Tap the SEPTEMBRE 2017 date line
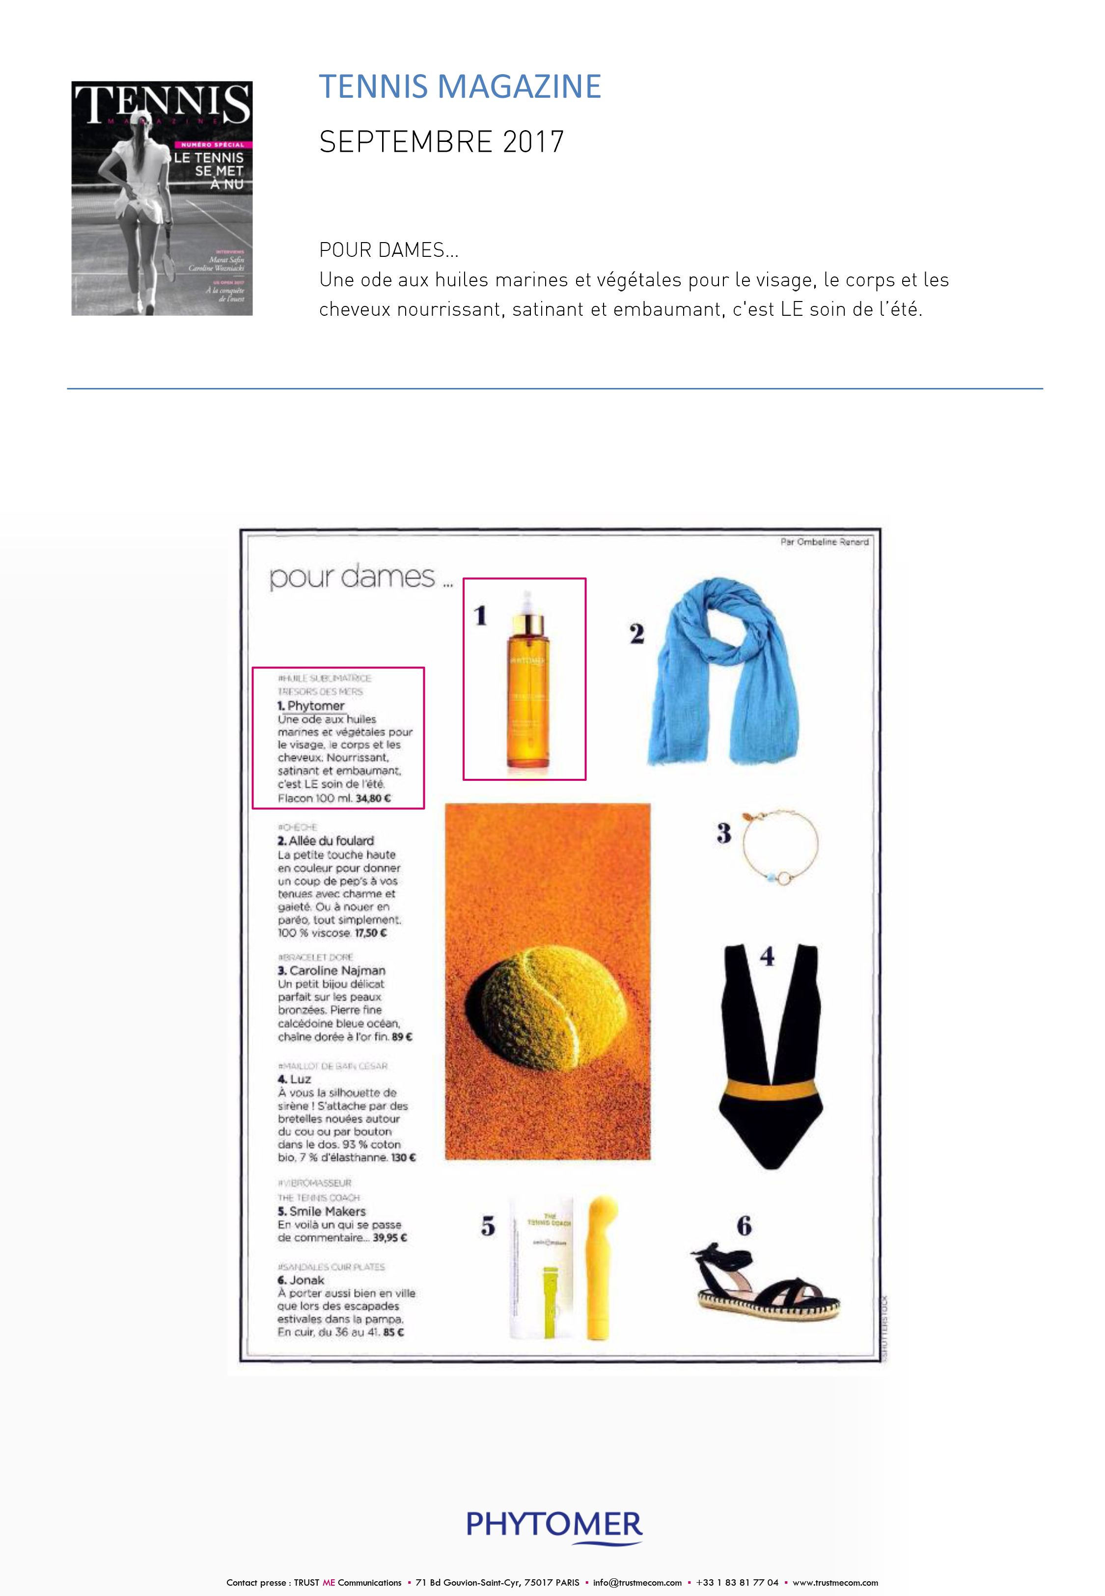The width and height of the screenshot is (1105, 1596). click(441, 142)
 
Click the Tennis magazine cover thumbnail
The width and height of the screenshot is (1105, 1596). click(162, 198)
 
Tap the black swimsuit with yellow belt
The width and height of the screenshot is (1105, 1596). click(769, 1055)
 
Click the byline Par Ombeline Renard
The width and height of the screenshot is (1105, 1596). click(824, 542)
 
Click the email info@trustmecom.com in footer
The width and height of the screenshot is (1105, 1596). click(637, 1582)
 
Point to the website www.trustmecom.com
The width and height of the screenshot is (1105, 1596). click(835, 1582)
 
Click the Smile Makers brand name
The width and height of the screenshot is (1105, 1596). click(327, 1211)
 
